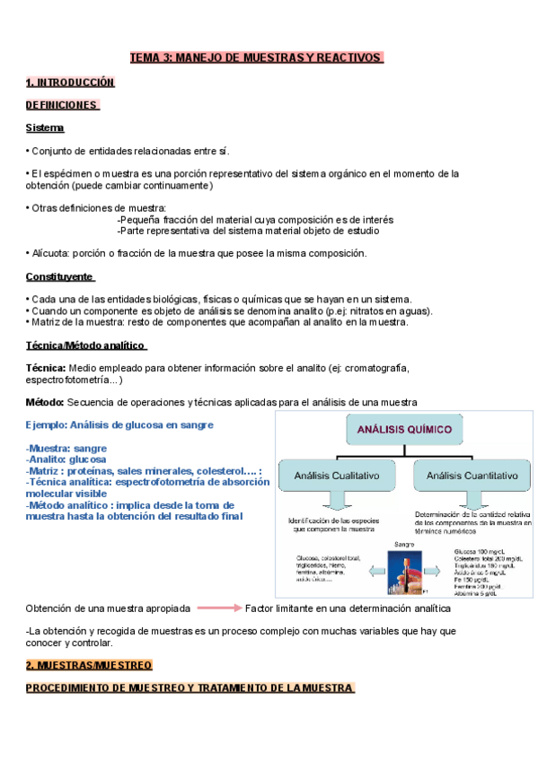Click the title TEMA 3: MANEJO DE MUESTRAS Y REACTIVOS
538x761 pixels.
tap(256, 58)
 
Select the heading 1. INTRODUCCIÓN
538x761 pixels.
tap(70, 83)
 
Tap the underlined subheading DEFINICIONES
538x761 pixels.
tap(61, 105)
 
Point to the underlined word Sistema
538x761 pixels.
tap(45, 128)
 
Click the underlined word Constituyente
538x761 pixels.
tap(60, 276)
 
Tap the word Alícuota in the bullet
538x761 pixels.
tap(51, 254)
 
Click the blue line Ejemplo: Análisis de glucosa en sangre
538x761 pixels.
tap(119, 424)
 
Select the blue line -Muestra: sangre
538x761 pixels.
tap(67, 448)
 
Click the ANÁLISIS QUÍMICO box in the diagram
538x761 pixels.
tap(405, 430)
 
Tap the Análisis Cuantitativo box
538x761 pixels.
tap(472, 476)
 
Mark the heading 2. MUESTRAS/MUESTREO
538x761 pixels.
tap(89, 665)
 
